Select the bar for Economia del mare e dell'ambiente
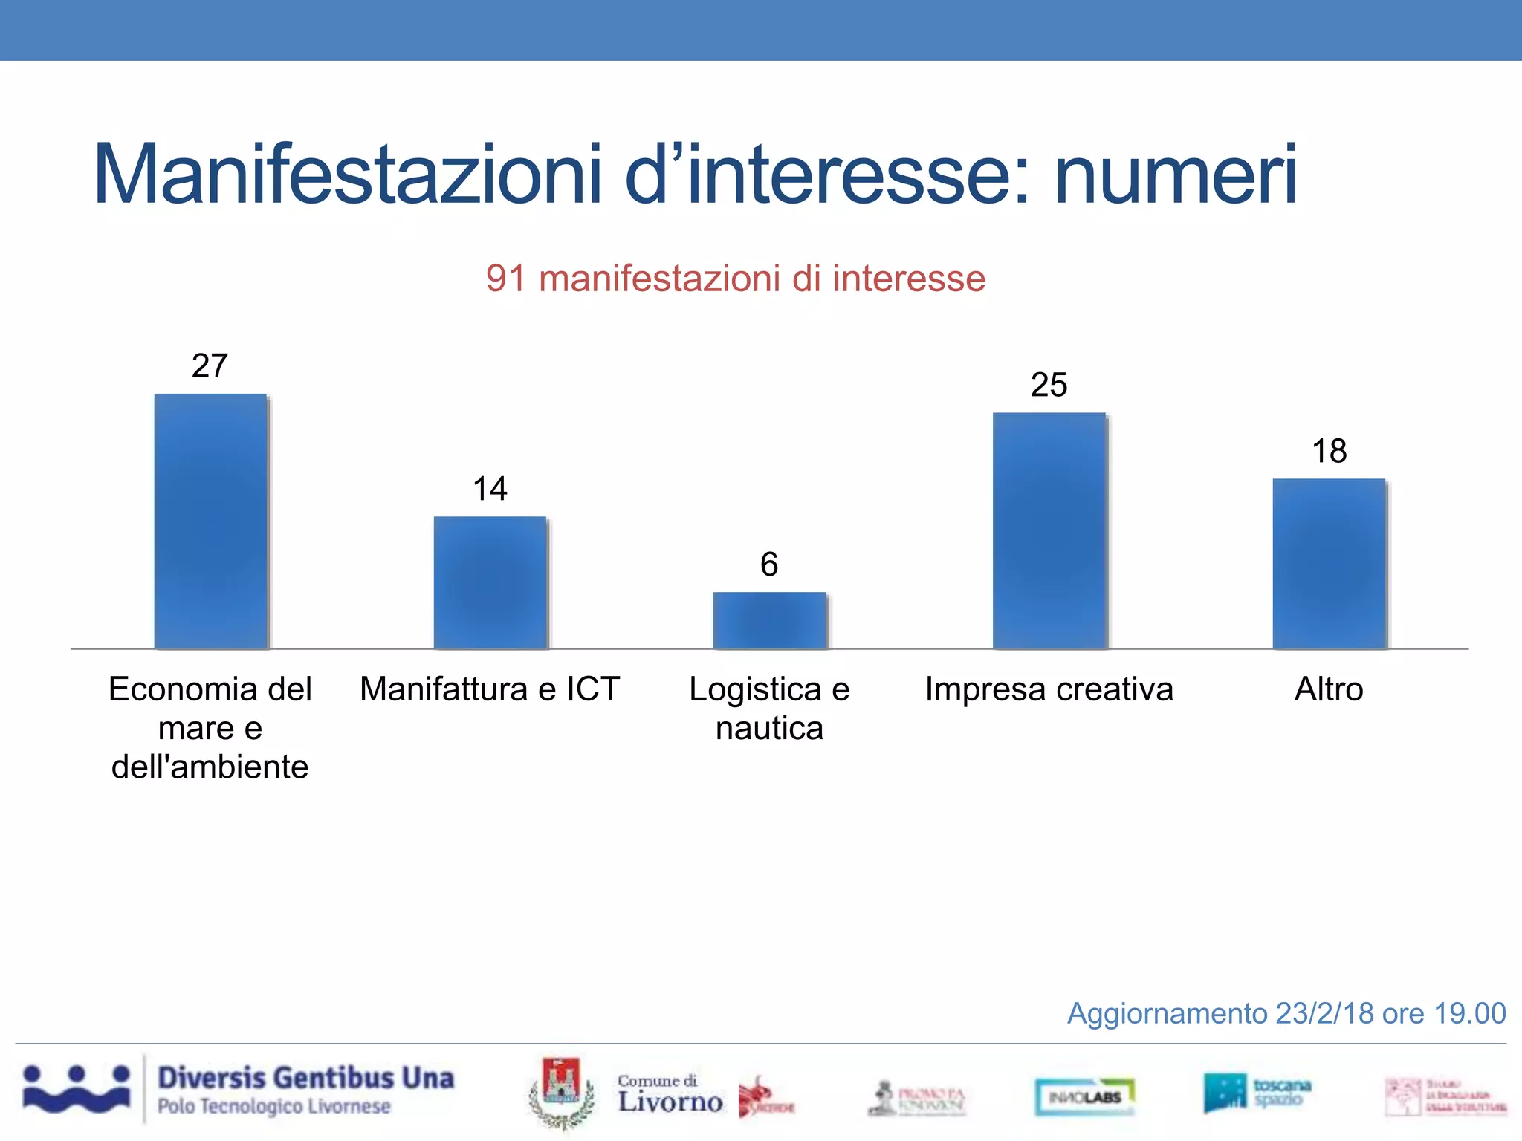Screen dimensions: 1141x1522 [x=210, y=521]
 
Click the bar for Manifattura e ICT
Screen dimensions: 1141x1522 [x=490, y=582]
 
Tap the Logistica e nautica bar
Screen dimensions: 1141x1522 [x=769, y=620]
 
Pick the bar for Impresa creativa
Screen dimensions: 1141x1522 [x=1049, y=530]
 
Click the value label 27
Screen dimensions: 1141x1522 [x=210, y=365]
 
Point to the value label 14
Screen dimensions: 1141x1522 [x=490, y=489]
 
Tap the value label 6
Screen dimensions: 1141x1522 [x=769, y=565]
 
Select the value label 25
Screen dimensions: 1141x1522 [x=1049, y=385]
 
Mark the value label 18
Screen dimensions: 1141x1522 [x=1329, y=451]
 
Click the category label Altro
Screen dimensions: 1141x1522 [x=1329, y=689]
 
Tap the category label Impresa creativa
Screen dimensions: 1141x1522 [x=1049, y=689]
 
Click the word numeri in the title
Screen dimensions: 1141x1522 [x=1176, y=175]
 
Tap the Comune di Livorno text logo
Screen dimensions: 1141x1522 [x=669, y=1094]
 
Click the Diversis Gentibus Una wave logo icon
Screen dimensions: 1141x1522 [x=76, y=1089]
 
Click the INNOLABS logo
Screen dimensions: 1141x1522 [x=1085, y=1096]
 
